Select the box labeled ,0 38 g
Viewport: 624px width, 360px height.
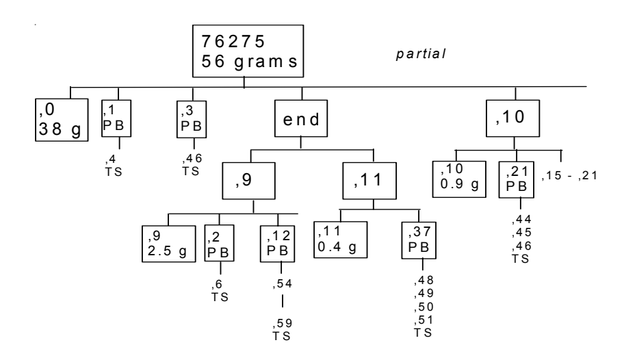pyautogui.click(x=62, y=120)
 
